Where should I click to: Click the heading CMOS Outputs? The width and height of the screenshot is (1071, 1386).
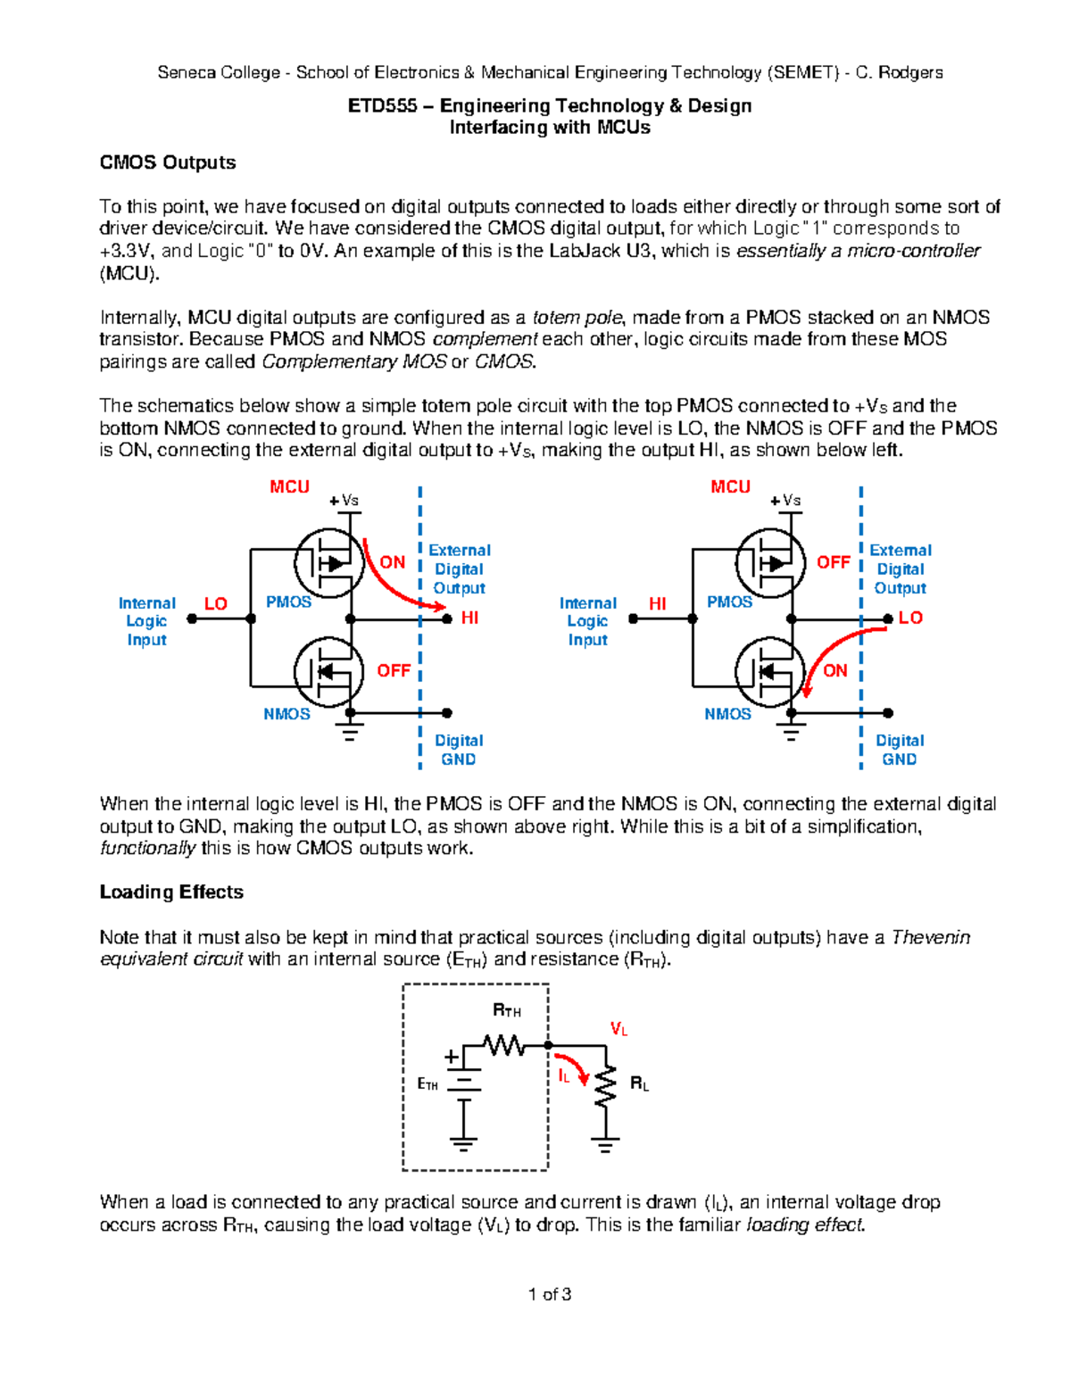[168, 162]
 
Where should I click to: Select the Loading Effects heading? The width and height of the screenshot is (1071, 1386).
[171, 892]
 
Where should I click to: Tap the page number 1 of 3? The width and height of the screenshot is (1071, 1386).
[550, 1294]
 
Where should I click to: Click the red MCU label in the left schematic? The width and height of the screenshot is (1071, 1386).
[289, 486]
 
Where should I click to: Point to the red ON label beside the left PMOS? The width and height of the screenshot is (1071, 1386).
[393, 562]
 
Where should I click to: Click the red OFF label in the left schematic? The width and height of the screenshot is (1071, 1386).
[394, 670]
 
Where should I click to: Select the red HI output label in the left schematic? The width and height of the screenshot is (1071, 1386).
[469, 618]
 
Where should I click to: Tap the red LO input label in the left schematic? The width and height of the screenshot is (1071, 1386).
[216, 603]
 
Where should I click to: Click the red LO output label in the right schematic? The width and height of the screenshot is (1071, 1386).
[910, 618]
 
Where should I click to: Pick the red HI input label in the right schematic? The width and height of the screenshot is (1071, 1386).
[658, 603]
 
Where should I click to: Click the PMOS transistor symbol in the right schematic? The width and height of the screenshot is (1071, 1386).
[770, 563]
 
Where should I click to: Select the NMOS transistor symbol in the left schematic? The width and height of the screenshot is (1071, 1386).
[329, 671]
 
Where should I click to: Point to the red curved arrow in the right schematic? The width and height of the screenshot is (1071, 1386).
[834, 647]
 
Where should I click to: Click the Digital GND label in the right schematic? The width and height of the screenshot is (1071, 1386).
[900, 750]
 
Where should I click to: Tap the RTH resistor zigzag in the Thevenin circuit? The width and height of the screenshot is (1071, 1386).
[504, 1044]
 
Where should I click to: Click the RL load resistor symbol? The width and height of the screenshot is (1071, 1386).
[606, 1086]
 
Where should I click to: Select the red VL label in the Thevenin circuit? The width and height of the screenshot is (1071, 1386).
[619, 1029]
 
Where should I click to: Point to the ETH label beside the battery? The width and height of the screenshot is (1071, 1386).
[428, 1084]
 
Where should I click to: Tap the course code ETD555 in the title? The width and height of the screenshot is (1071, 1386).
[382, 105]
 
